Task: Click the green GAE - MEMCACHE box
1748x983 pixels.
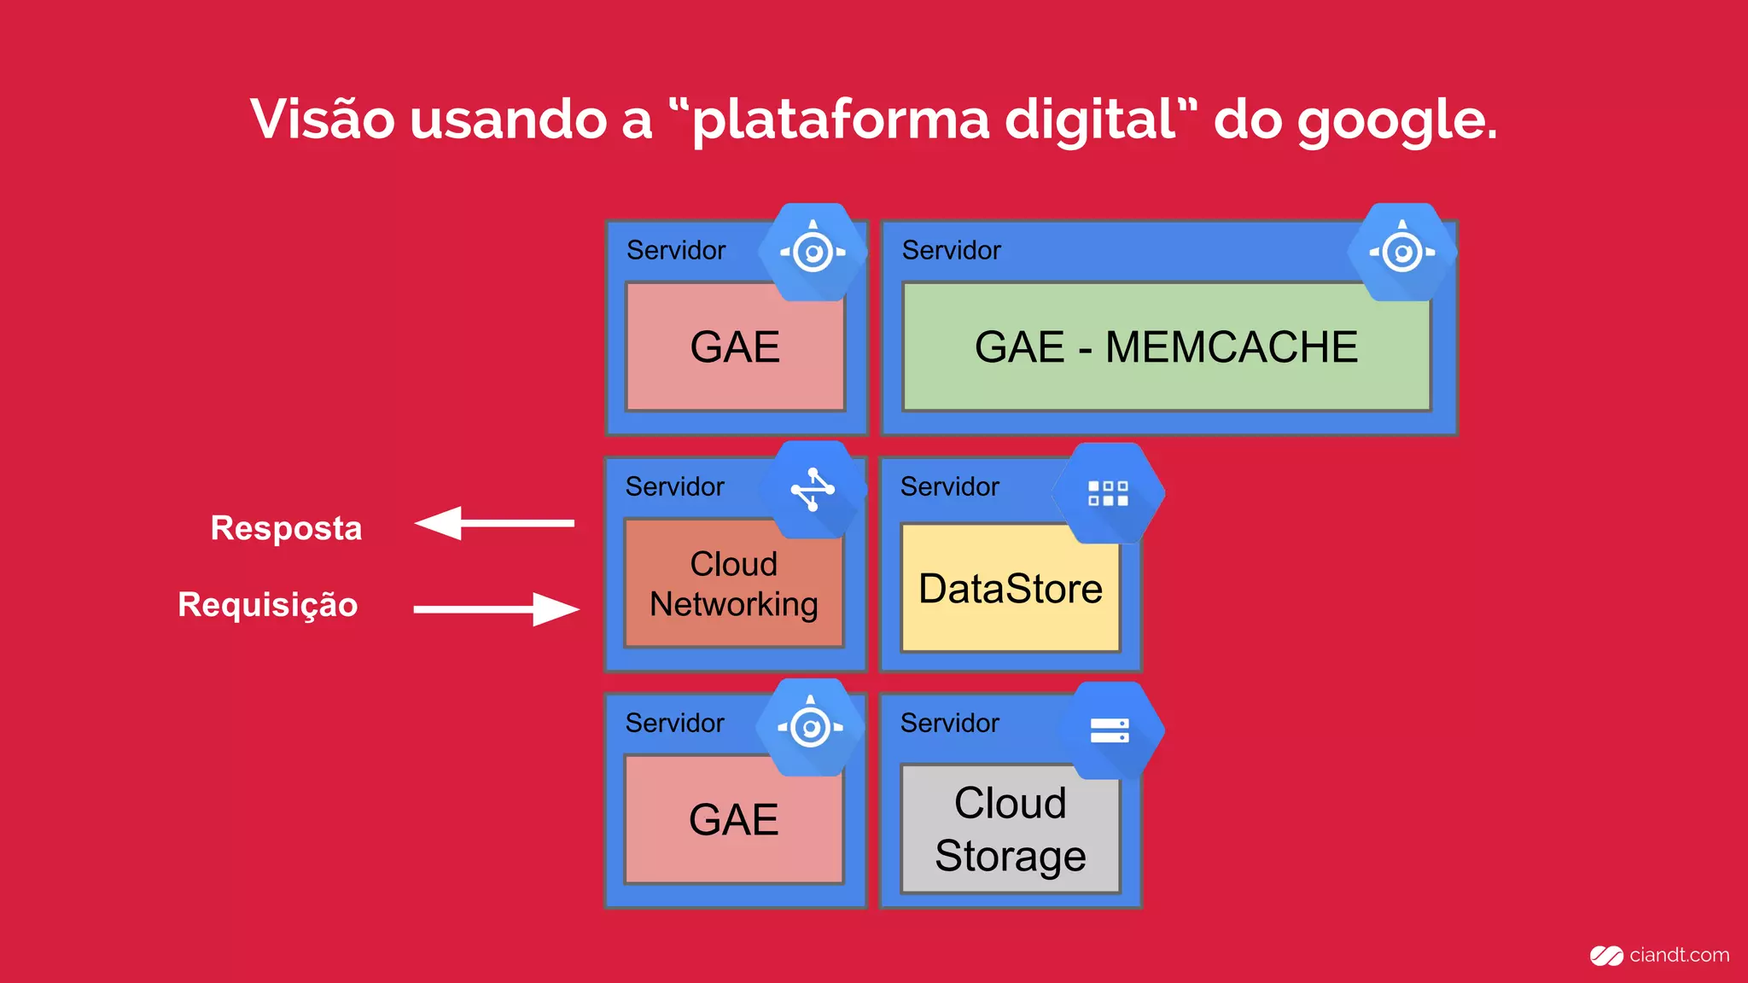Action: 1166,347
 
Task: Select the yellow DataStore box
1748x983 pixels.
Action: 1010,589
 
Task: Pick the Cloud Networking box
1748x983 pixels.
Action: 733,585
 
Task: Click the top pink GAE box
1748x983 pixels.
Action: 735,347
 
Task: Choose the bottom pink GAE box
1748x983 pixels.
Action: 733,820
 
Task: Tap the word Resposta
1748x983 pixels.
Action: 286,528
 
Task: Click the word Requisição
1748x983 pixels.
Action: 267,605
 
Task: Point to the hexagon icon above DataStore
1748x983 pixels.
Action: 1108,493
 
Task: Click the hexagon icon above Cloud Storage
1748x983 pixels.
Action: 1110,730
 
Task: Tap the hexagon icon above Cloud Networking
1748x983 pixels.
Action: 813,490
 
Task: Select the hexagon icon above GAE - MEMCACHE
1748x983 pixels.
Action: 1401,252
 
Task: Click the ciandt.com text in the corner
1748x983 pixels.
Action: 1678,955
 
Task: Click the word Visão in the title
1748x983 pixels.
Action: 322,119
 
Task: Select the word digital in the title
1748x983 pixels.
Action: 1091,119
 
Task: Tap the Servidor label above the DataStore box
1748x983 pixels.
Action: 949,486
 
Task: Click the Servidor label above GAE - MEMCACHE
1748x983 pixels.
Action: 951,250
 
